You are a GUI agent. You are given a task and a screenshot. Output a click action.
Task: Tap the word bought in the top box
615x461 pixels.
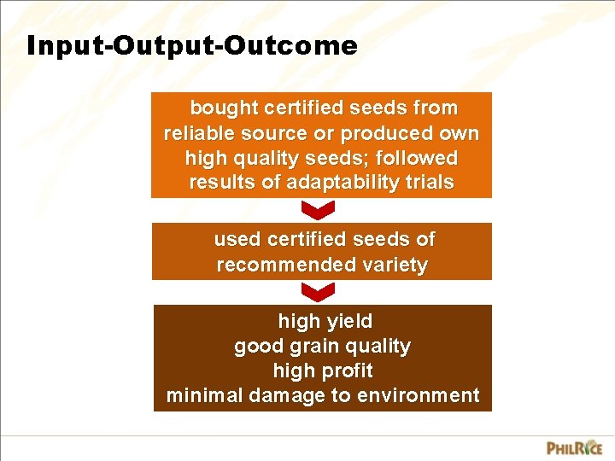coord(224,108)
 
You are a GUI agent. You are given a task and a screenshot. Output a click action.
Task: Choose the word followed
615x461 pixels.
coord(418,159)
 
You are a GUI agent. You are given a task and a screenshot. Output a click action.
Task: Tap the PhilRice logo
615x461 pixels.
coord(574,447)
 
